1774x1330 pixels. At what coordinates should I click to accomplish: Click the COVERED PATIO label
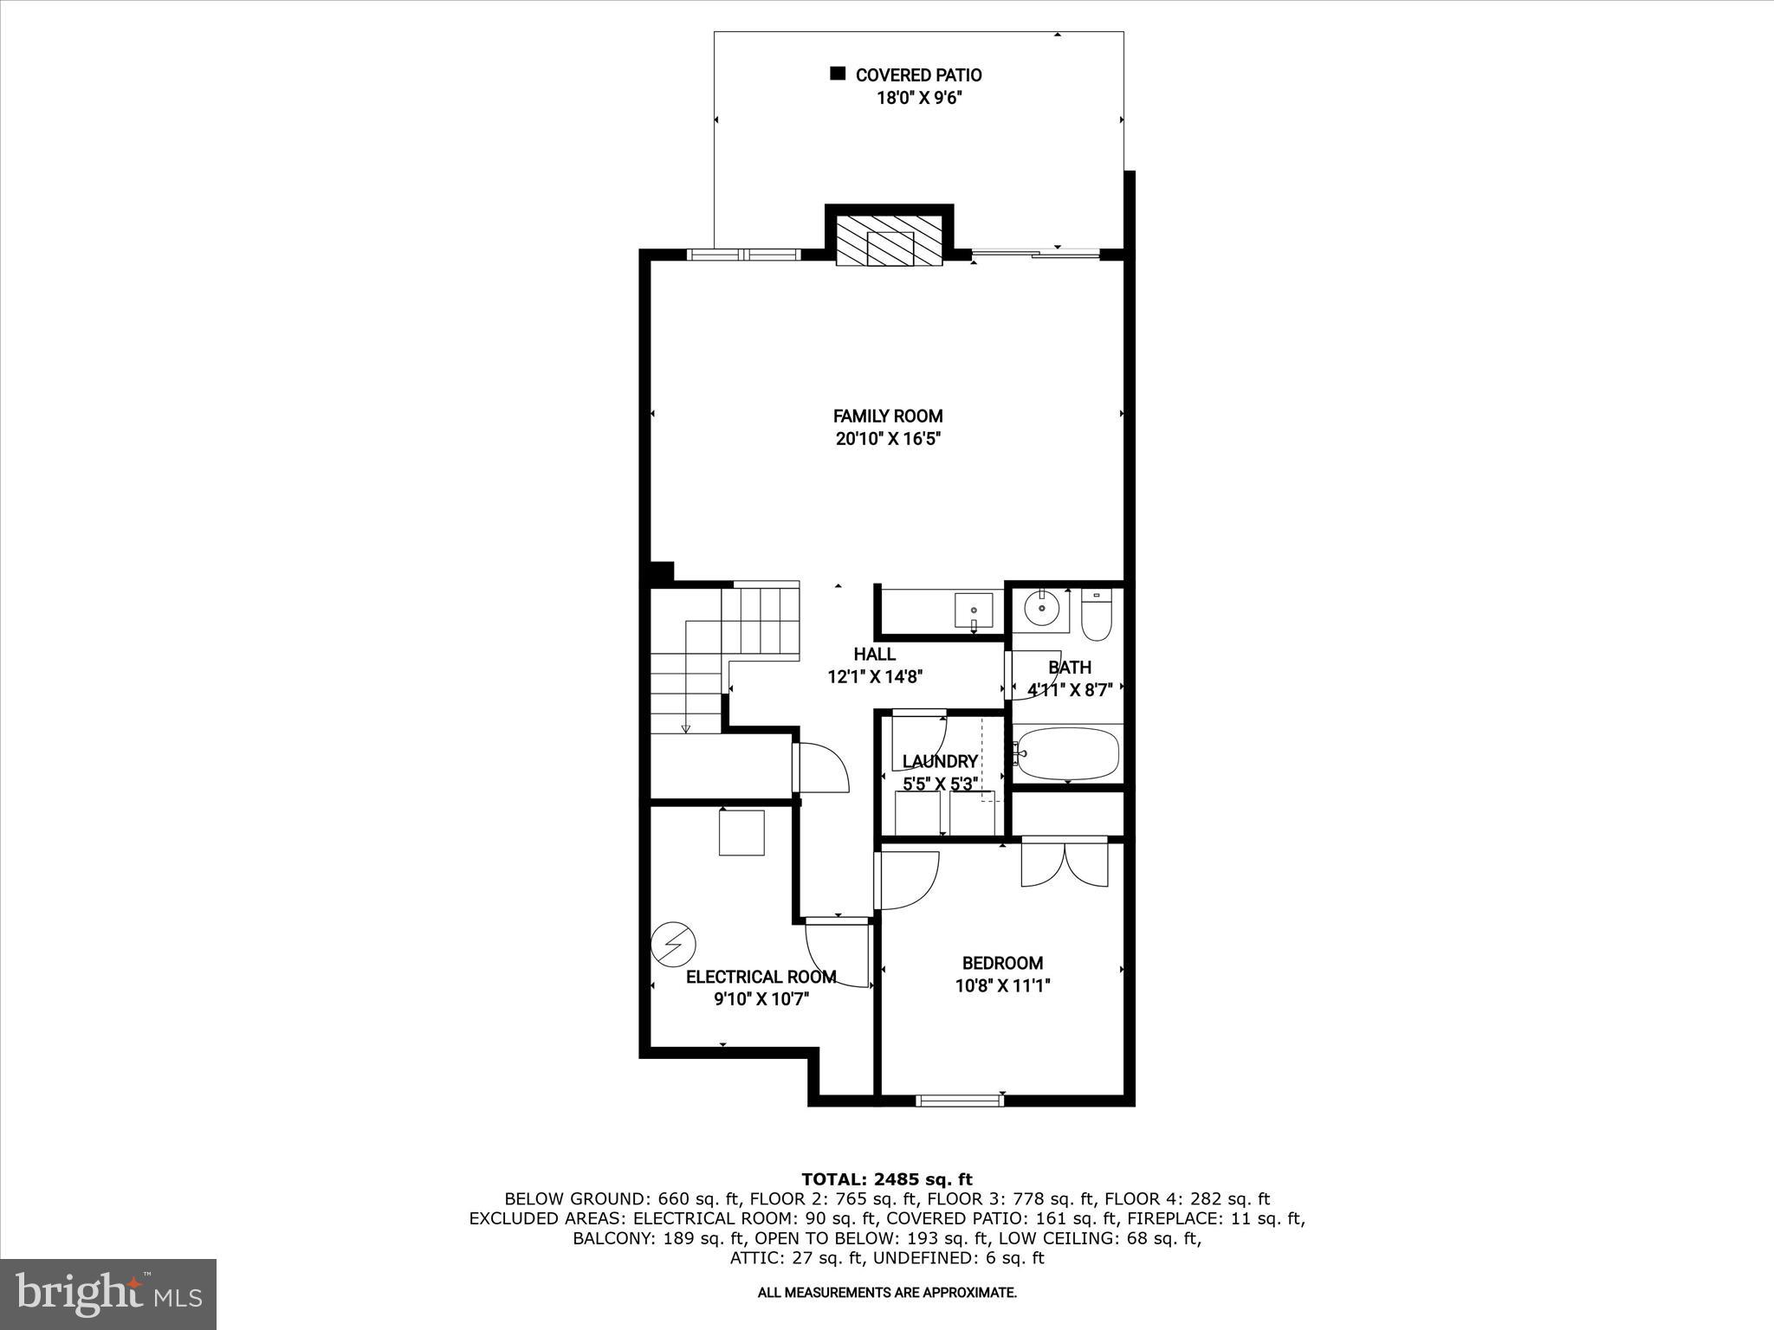[918, 75]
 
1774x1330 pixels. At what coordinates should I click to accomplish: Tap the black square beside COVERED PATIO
[838, 74]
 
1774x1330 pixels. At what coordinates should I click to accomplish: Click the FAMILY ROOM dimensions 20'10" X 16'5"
[888, 439]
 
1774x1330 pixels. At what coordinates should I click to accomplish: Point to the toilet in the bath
[1096, 616]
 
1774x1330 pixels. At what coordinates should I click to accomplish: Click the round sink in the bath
[1040, 610]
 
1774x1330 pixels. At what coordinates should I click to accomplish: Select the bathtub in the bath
[1068, 754]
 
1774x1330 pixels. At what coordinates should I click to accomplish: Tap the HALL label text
[874, 655]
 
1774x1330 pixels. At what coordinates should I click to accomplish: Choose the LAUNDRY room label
[940, 761]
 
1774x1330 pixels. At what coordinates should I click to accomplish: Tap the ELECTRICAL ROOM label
[761, 977]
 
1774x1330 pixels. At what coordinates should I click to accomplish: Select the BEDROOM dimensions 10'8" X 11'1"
[1002, 985]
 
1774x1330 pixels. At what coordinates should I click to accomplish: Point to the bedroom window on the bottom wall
[960, 1101]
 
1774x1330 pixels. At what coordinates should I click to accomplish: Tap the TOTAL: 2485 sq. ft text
[887, 1179]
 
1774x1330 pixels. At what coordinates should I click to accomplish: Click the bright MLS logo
[108, 1294]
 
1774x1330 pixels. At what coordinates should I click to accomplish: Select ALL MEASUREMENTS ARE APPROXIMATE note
[887, 1293]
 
